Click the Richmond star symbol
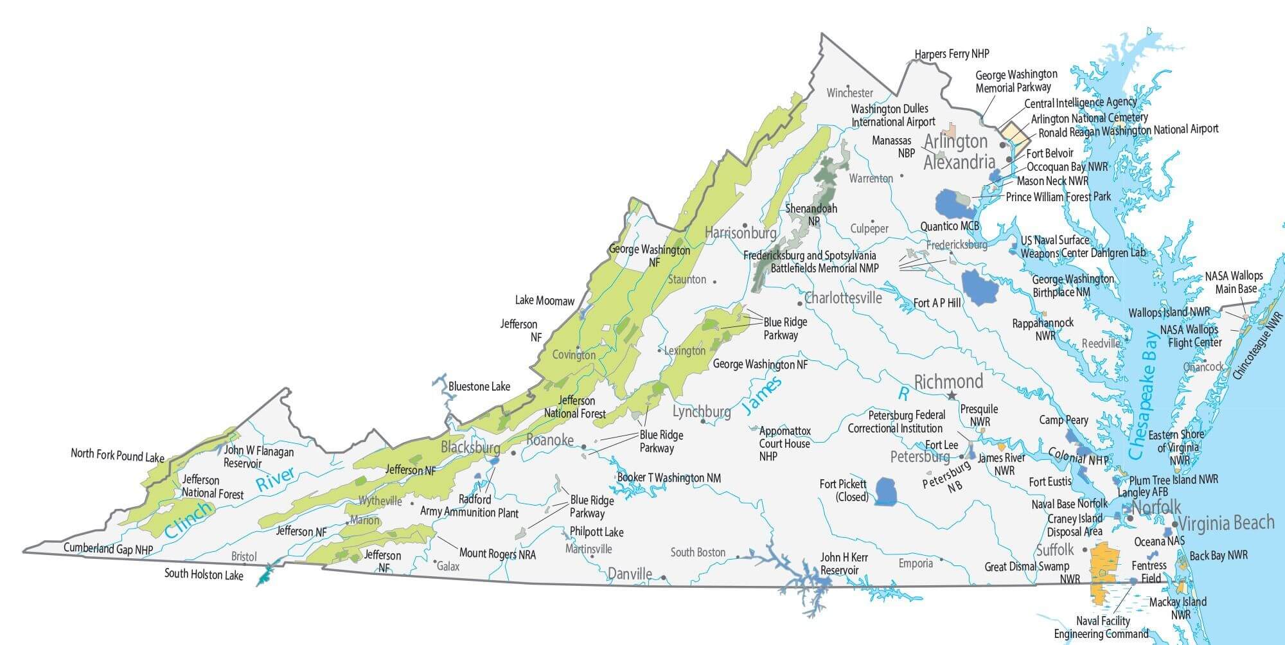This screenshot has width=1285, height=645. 952,396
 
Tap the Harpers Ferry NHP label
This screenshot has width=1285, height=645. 952,54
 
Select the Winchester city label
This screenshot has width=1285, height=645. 849,93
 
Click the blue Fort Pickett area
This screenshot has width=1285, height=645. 887,491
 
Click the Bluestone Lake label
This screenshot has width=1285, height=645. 479,387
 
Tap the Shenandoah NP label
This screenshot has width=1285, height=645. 811,215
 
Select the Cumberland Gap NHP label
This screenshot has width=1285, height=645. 108,549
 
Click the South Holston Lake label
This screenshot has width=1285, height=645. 204,574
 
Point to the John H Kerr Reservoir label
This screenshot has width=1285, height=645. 844,563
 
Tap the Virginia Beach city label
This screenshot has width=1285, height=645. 1226,523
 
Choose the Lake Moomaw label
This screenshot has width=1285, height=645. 544,301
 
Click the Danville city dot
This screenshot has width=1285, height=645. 663,578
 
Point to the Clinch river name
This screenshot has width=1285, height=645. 188,519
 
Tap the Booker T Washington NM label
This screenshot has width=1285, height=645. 668,478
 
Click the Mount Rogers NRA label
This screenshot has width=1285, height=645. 497,553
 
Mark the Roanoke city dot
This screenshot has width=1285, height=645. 584,446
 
